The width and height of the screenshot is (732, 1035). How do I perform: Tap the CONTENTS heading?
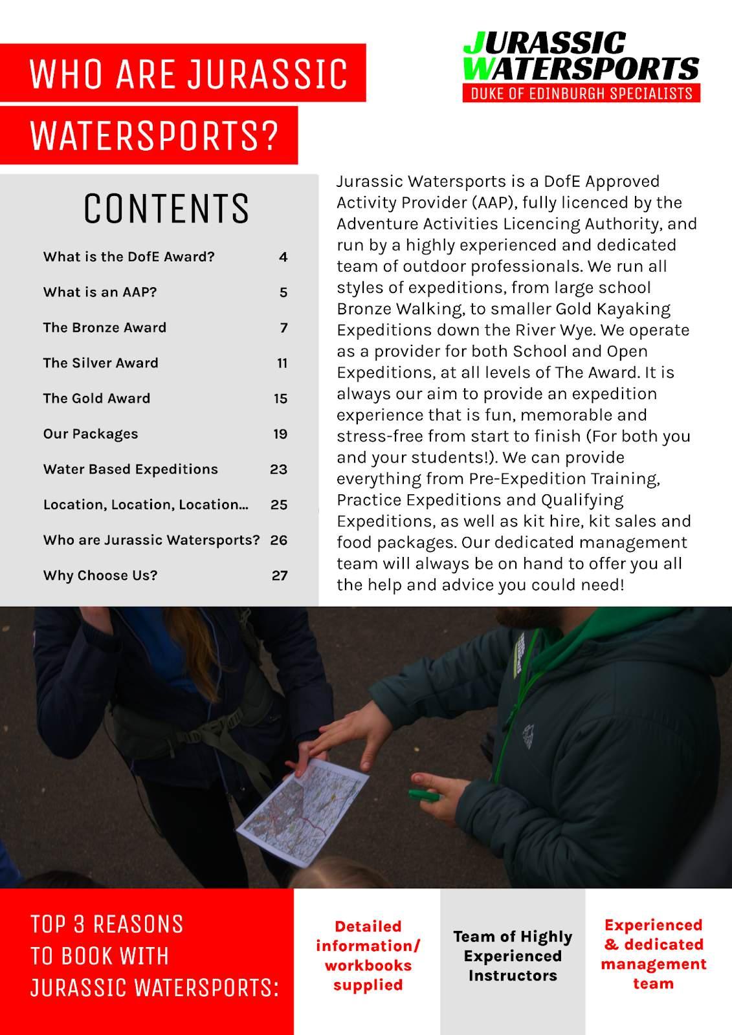click(166, 208)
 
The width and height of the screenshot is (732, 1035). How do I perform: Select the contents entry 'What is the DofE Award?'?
click(129, 257)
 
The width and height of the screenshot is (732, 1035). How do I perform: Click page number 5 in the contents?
click(283, 292)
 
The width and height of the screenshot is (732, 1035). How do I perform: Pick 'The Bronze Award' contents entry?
click(105, 327)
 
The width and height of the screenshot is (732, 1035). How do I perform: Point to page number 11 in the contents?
click(282, 363)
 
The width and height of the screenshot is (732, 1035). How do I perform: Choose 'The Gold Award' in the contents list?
click(96, 398)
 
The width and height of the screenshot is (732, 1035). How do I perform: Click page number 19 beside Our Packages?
click(280, 434)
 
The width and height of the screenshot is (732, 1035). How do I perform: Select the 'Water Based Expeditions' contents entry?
click(131, 469)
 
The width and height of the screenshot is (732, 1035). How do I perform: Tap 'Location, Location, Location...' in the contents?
click(146, 505)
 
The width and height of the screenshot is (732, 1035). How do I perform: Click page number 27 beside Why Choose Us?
click(280, 576)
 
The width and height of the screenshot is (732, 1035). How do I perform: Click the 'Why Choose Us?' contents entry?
click(100, 576)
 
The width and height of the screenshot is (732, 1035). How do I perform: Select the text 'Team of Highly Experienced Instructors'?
click(513, 956)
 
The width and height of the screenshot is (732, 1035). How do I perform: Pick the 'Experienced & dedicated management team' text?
click(653, 954)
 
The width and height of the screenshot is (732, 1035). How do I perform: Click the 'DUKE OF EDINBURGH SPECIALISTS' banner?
click(581, 93)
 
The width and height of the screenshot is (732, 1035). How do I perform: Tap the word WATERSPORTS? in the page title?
click(154, 135)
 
